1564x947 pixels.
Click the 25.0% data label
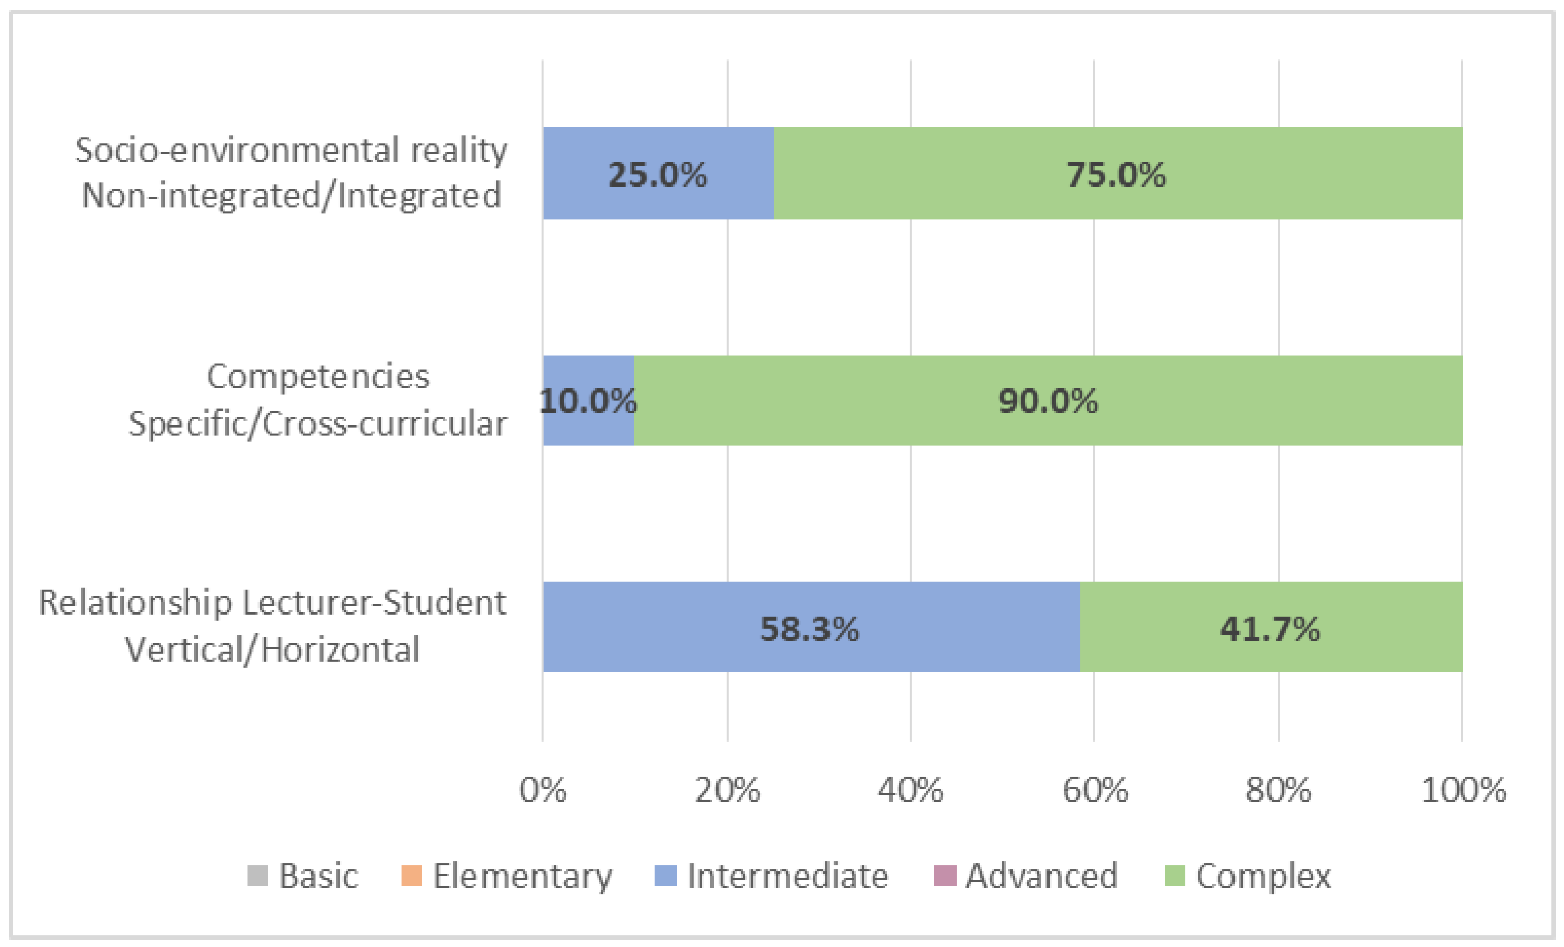click(x=657, y=175)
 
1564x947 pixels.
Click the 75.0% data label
click(x=1116, y=175)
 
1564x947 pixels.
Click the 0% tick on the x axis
click(x=543, y=790)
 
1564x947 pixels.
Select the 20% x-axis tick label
click(x=727, y=790)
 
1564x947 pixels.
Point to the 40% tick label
click(x=910, y=790)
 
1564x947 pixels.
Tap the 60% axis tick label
click(x=1095, y=790)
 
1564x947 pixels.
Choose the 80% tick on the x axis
click(x=1278, y=790)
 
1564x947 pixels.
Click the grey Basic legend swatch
click(x=257, y=876)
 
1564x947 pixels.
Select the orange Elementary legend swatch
click(x=412, y=876)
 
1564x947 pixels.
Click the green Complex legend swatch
click(x=1175, y=876)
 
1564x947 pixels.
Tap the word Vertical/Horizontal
click(x=272, y=650)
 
